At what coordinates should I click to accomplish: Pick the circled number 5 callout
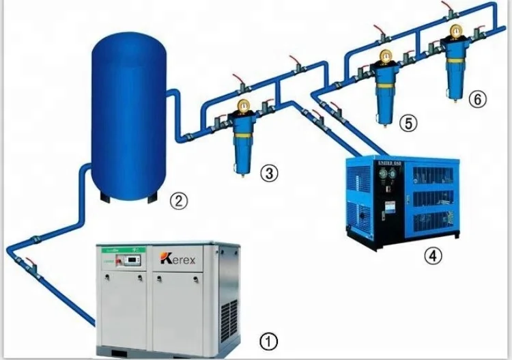[x=408, y=122]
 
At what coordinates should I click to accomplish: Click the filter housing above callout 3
[x=242, y=143]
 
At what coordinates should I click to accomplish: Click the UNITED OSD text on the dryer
[x=388, y=163]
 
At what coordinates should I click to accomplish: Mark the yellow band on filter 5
[x=386, y=86]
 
